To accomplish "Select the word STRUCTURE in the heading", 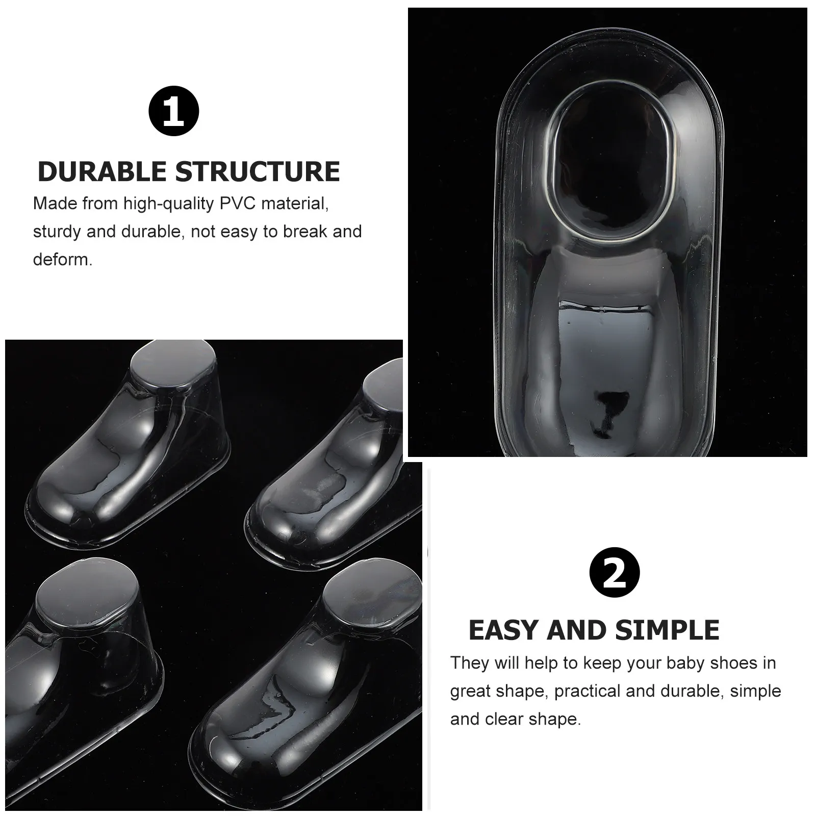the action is [258, 171].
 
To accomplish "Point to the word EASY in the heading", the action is [504, 630].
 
